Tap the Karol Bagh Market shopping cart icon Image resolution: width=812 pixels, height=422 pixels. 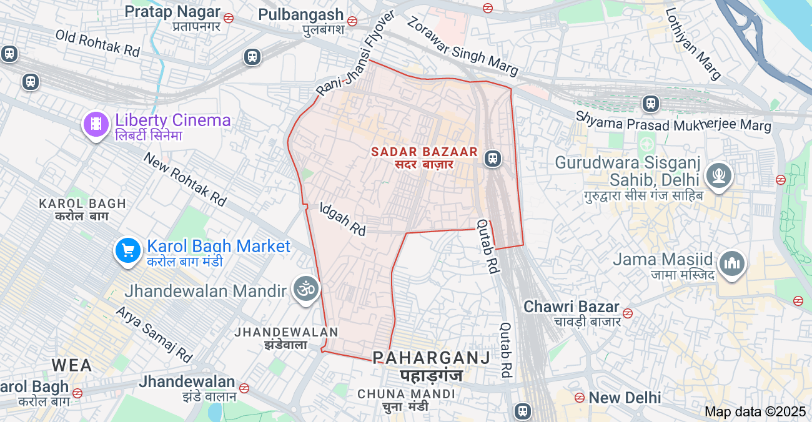click(128, 251)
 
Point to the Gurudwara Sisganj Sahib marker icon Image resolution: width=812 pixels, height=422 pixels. click(718, 175)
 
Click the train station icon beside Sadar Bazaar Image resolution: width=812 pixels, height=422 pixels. click(493, 159)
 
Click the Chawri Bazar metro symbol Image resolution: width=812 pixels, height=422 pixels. click(628, 313)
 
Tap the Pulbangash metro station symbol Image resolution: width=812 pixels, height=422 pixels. click(352, 21)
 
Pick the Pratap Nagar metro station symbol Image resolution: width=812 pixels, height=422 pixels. click(229, 18)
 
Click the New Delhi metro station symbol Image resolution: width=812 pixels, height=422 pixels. click(580, 397)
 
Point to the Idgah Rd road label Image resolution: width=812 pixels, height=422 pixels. click(343, 218)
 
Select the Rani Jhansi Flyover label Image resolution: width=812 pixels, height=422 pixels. click(355, 54)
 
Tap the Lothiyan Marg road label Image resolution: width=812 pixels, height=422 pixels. click(693, 43)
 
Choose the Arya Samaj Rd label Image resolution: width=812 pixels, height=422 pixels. click(154, 334)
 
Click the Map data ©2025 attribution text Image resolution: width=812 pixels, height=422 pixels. click(755, 411)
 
